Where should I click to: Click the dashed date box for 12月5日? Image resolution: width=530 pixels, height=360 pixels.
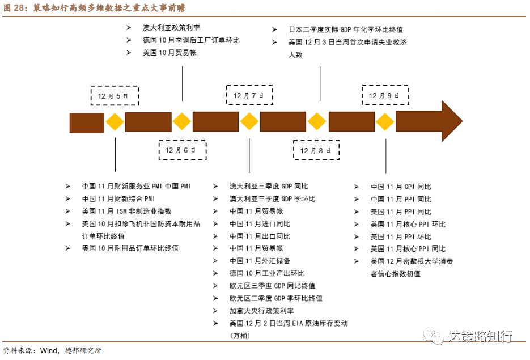pyautogui.click(x=114, y=96)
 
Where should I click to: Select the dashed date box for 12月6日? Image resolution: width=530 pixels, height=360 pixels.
pyautogui.click(x=182, y=150)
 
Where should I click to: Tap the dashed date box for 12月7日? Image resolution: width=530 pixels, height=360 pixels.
pyautogui.click(x=249, y=96)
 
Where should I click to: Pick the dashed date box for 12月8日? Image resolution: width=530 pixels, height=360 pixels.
pyautogui.click(x=316, y=150)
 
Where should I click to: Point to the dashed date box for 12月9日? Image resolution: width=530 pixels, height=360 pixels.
pyautogui.click(x=385, y=96)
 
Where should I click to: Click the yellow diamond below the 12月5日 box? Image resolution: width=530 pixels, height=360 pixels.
pyautogui.click(x=115, y=122)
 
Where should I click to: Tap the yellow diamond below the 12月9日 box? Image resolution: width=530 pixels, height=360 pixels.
pyautogui.click(x=385, y=122)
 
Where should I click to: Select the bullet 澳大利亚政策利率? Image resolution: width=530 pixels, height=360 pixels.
pyautogui.click(x=171, y=28)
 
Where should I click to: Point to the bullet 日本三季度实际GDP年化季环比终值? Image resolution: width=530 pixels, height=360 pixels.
pyautogui.click(x=346, y=29)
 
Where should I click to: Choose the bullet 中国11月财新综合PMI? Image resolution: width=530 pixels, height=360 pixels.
pyautogui.click(x=118, y=199)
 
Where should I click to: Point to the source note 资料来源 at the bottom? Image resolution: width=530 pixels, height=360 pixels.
pyautogui.click(x=52, y=350)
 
